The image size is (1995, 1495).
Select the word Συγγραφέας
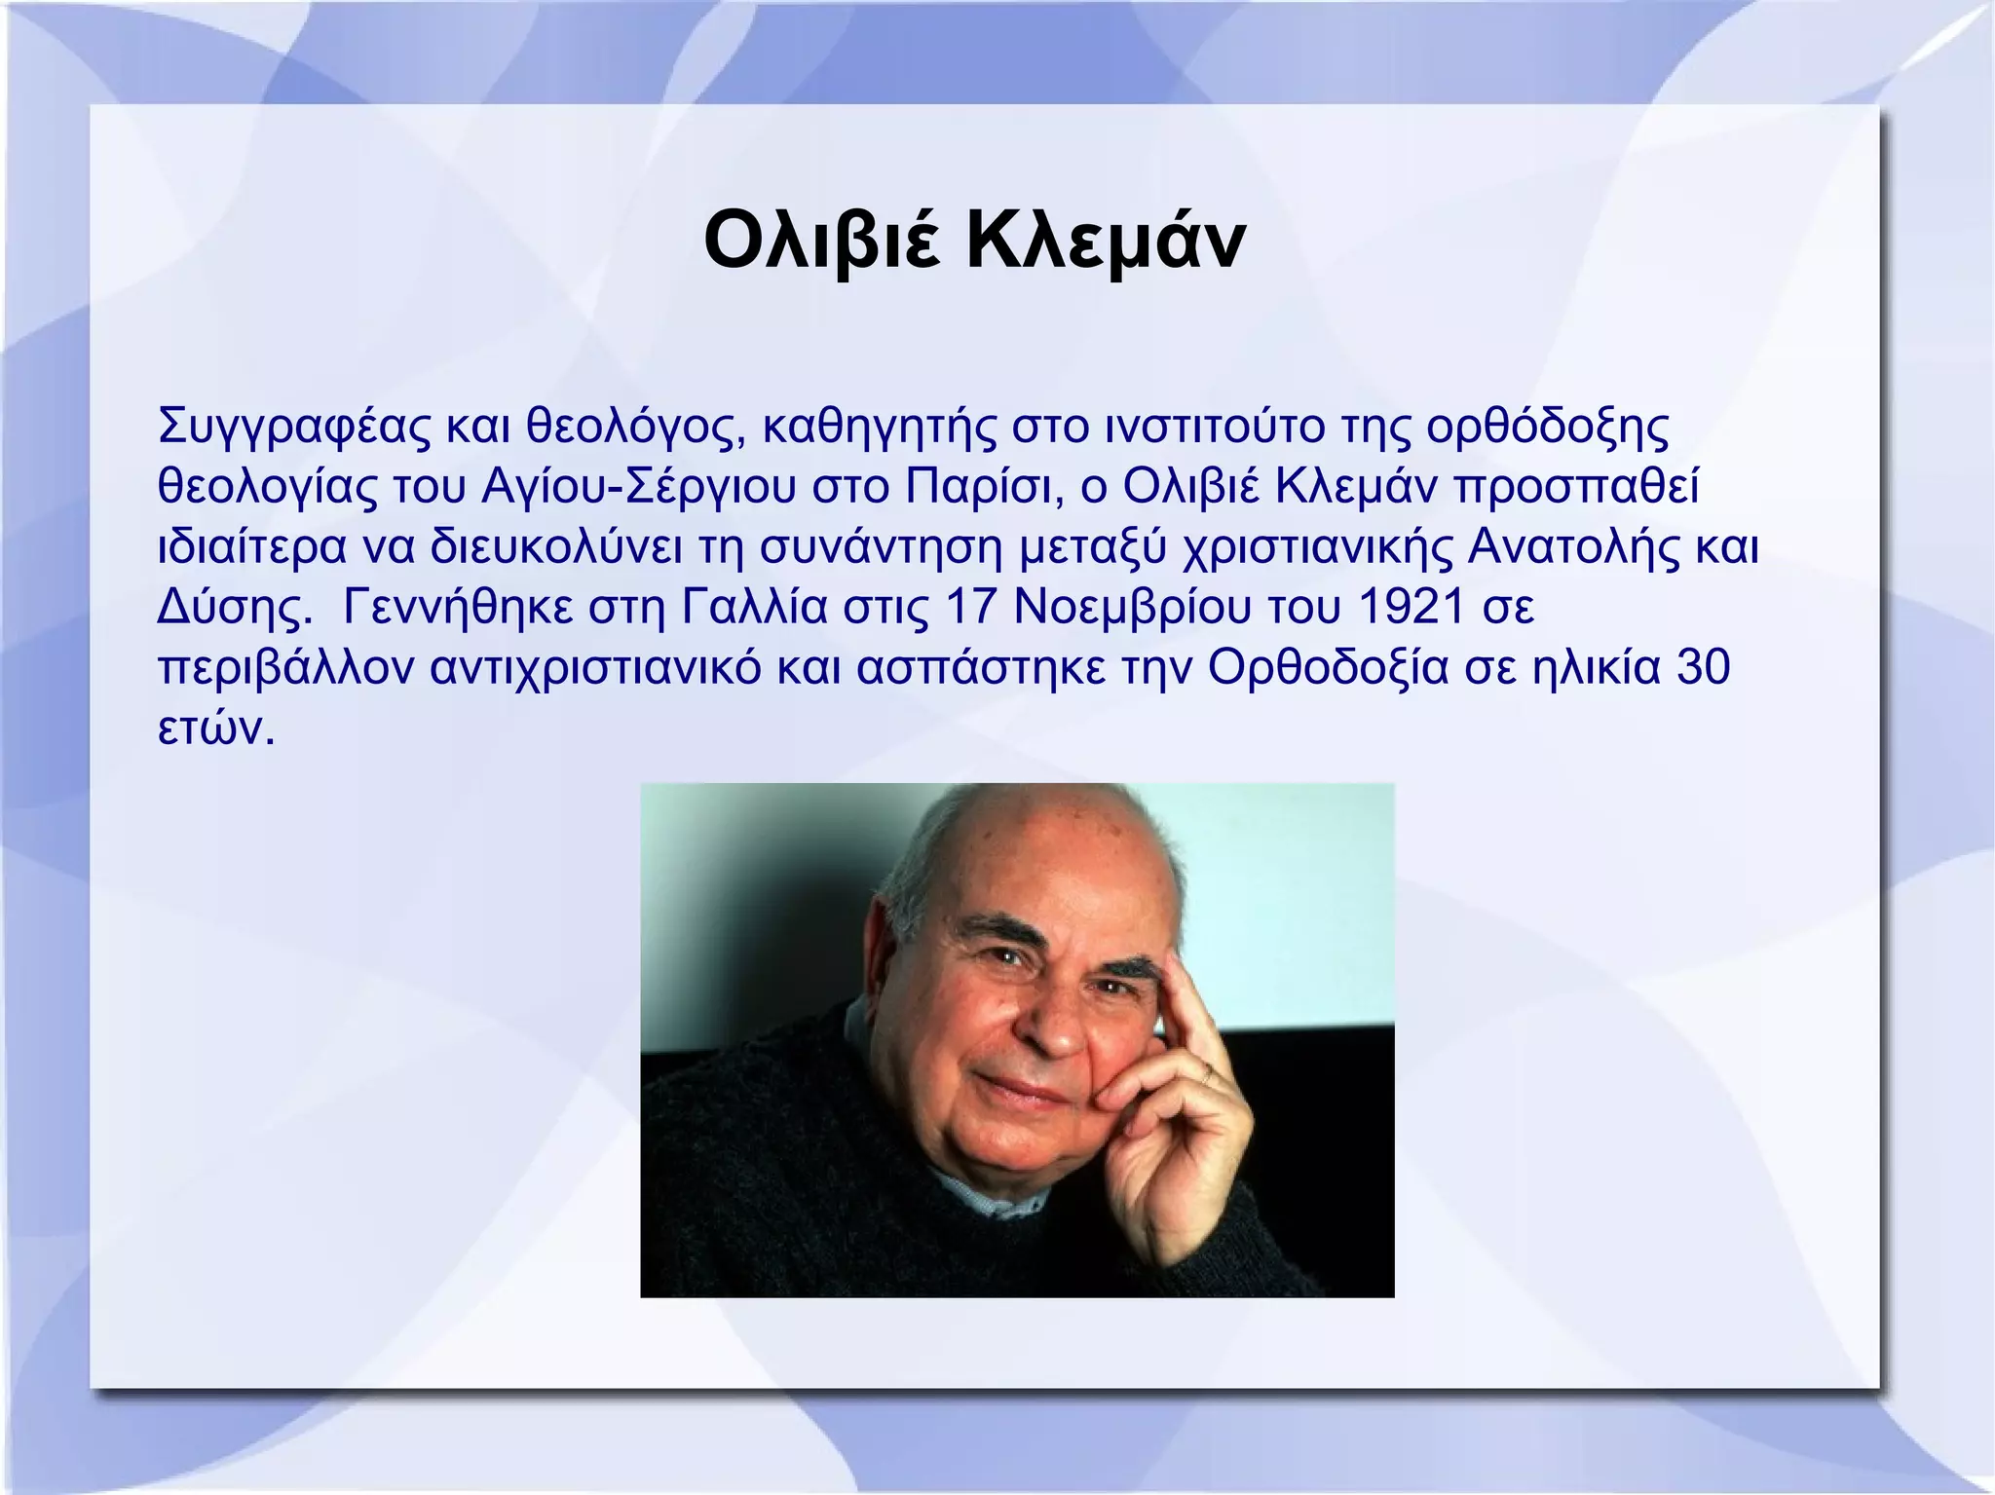tap(293, 429)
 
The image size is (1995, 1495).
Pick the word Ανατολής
tap(1573, 547)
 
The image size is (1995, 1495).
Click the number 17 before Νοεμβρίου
tap(969, 608)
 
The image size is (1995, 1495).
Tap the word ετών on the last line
tap(208, 729)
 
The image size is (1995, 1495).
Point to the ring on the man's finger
tap(1207, 1072)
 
